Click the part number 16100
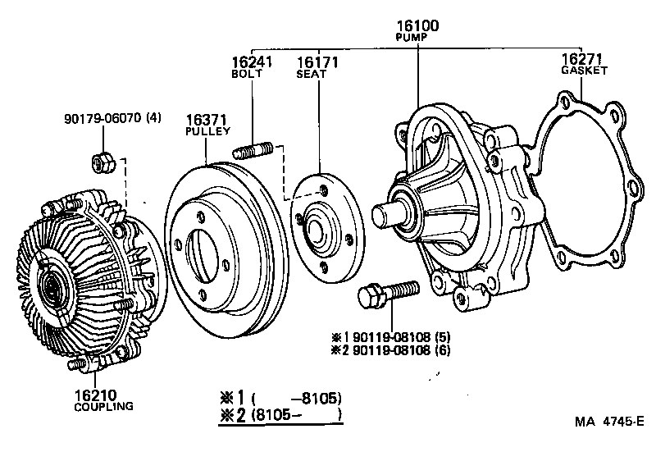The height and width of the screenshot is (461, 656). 417,26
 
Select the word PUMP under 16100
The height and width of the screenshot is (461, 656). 417,38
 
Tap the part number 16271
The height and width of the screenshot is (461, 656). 583,59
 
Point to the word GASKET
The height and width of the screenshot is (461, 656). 584,71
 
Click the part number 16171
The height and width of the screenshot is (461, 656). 317,62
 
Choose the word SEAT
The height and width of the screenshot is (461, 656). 312,74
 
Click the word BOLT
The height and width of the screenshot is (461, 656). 247,74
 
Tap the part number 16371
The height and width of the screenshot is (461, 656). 207,120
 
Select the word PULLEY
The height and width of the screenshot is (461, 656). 207,131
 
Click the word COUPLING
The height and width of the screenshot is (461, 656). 103,406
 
